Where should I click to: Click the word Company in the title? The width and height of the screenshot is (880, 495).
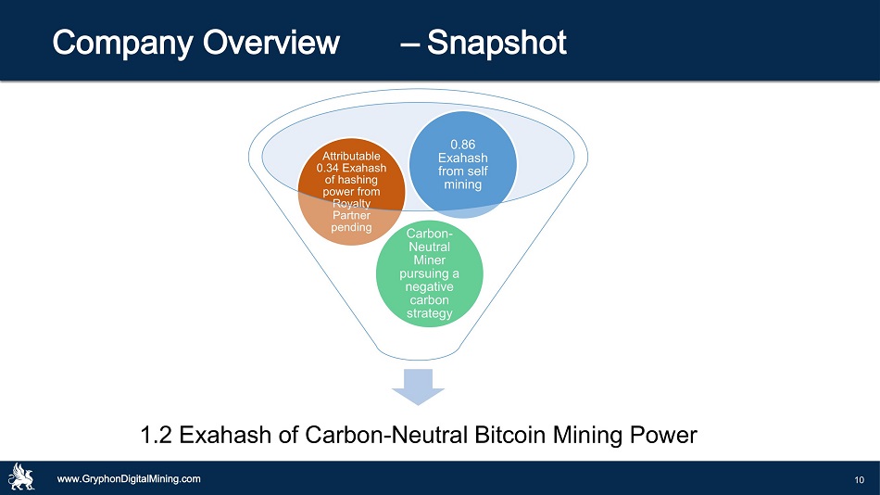pos(123,44)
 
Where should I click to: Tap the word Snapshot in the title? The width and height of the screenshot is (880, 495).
pos(497,44)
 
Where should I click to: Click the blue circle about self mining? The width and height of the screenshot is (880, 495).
pos(462,164)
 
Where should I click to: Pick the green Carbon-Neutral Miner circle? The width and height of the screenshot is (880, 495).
pos(429,273)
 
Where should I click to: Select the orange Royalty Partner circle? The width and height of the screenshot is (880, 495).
pos(351,192)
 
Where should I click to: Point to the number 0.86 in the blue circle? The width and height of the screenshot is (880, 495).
pos(463,145)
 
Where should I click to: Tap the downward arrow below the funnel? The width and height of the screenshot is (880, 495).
pos(418,387)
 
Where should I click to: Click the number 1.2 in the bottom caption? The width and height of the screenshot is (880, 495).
pos(156,435)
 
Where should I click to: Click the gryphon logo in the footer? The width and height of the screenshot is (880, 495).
pos(20,477)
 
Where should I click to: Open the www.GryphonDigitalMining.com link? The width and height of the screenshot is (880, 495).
pos(129,479)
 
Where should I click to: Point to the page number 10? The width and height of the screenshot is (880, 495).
pos(860,480)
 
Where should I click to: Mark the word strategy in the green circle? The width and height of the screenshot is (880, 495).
pos(429,313)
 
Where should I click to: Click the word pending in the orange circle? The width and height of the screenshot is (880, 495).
pos(351,227)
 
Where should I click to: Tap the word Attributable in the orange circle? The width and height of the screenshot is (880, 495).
pos(351,157)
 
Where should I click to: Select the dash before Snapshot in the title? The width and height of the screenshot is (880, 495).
pos(409,44)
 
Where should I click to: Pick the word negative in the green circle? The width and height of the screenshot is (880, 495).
pos(429,287)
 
